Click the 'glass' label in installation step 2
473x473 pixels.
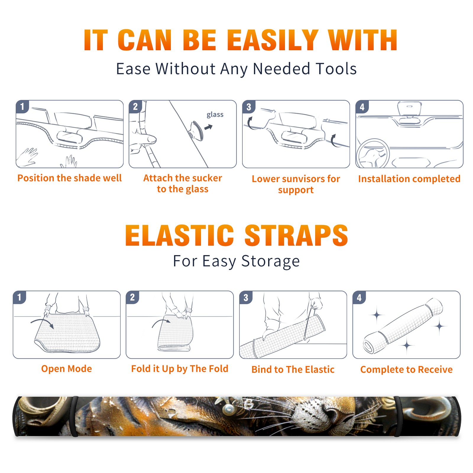click(215, 115)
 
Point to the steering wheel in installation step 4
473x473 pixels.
click(372, 153)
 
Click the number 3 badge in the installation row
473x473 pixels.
click(249, 107)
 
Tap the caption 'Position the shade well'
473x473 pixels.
click(69, 178)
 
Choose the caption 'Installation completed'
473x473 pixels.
click(409, 179)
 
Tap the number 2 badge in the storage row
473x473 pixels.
click(132, 297)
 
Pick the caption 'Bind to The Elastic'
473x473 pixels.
click(293, 370)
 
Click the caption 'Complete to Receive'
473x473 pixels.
click(406, 370)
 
